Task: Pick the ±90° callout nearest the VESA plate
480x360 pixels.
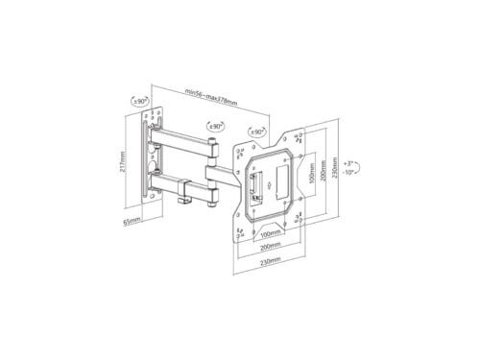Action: coord(257,132)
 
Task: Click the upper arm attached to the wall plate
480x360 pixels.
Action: coord(182,145)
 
